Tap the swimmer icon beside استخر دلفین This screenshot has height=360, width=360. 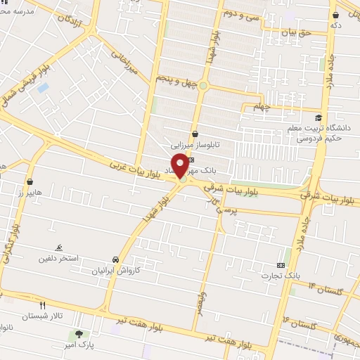tap(60, 248)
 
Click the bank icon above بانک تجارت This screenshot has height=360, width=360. tap(281, 265)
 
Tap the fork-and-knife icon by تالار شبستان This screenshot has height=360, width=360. tap(43, 306)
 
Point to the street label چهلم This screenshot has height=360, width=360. tap(261, 107)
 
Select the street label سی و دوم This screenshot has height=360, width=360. tap(243, 14)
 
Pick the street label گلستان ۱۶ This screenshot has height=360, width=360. tap(302, 321)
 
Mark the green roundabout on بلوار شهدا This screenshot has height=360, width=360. tap(202, 86)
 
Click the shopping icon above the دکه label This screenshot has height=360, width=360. tap(337, 13)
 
